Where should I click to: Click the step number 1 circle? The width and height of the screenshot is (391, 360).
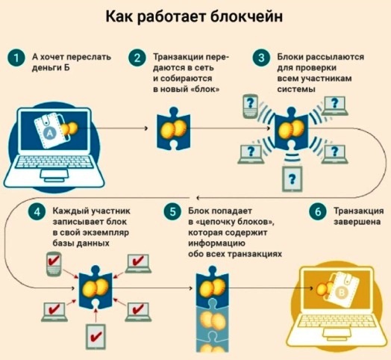(16, 58)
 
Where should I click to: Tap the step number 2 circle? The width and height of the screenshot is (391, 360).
(137, 58)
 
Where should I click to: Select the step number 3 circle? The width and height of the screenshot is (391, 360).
(261, 58)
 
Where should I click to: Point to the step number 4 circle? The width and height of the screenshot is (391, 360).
(37, 212)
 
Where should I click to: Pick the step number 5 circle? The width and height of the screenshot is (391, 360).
(172, 212)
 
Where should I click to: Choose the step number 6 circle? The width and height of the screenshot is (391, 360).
(318, 212)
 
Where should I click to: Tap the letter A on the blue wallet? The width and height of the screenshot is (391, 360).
(50, 134)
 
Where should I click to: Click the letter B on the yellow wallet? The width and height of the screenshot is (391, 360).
(341, 293)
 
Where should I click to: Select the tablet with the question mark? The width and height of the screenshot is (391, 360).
(292, 179)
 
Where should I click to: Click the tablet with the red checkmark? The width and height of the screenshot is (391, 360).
(96, 337)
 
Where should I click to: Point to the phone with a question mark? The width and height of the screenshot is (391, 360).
(250, 106)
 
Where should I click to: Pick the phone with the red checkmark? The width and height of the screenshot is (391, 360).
(54, 264)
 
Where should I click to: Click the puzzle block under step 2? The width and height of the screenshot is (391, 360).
(174, 128)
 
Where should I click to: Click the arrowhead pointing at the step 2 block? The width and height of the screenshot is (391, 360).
(146, 128)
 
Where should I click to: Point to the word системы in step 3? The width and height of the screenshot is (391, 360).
(296, 89)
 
